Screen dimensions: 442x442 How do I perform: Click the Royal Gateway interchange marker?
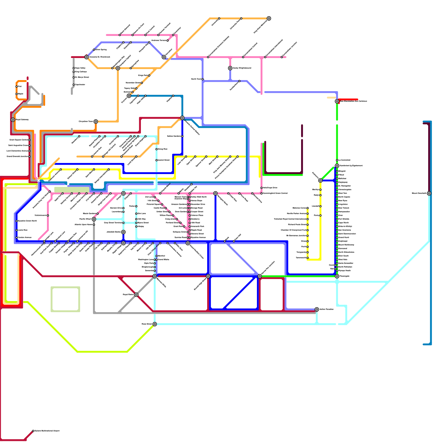[13, 120]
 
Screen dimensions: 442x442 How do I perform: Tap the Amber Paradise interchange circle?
[317, 309]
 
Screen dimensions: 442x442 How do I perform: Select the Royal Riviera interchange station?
[136, 295]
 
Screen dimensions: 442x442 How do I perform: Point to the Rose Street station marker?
[155, 324]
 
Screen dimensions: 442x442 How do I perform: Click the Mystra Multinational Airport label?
[47, 431]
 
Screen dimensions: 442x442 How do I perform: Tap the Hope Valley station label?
[80, 68]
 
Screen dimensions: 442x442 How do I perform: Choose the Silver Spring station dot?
[94, 50]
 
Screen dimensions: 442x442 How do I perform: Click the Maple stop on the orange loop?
[17, 94]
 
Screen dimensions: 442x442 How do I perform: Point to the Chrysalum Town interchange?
[96, 122]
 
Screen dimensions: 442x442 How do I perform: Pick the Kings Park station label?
[143, 75]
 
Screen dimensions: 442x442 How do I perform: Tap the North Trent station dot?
[202, 79]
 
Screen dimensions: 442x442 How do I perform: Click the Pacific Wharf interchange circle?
[94, 219]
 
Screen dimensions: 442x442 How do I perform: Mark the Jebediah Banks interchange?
[123, 232]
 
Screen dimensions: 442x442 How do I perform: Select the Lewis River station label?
[23, 230]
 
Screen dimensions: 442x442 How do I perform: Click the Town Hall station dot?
[234, 241]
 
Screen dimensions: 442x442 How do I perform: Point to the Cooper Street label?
[197, 212]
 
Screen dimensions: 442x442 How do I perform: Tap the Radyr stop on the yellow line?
[320, 195]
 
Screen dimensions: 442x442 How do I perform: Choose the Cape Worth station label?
[343, 223]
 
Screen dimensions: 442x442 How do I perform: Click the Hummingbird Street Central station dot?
[262, 193]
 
